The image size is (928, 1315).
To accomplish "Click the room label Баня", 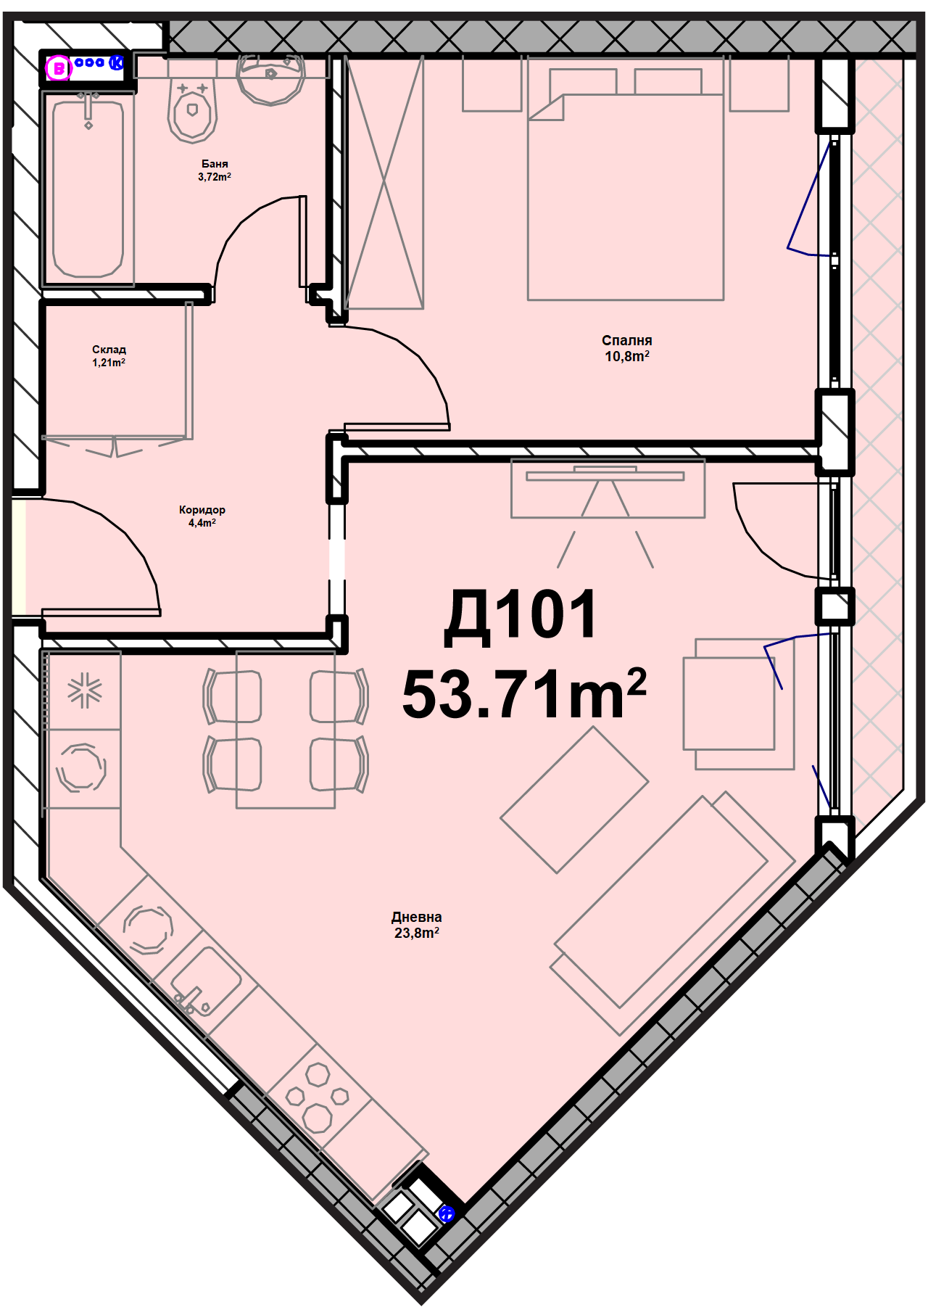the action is [215, 164].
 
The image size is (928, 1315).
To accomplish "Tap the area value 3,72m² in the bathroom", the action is [215, 177].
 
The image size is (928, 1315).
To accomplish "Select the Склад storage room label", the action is [109, 350].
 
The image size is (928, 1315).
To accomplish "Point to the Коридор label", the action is [202, 510].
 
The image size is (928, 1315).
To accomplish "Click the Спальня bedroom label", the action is [627, 340].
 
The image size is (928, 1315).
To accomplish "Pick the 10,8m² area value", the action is [627, 356].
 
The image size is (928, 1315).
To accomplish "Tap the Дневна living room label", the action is [417, 918].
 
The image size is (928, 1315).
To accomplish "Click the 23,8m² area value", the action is [417, 933].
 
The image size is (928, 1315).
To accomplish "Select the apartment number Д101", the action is [521, 617].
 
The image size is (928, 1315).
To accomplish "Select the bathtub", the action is [88, 189].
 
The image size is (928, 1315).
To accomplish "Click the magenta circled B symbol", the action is [59, 69].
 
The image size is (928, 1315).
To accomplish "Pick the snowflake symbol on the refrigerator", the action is [85, 690].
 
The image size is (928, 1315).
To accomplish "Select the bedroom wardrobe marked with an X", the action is [384, 183].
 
